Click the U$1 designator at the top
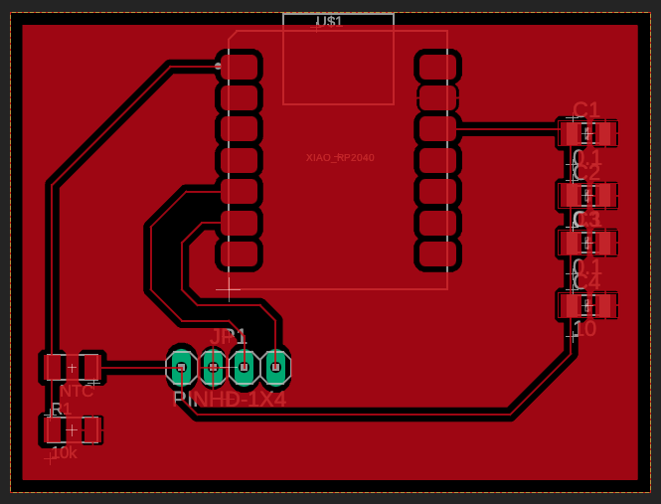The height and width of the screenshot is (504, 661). (x=329, y=21)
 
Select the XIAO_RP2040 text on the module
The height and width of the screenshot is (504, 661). (x=340, y=157)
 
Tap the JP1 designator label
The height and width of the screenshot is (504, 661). (x=228, y=336)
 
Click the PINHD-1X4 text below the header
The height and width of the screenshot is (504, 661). (x=229, y=399)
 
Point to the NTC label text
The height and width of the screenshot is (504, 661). (x=76, y=391)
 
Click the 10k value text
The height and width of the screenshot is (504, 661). (x=64, y=452)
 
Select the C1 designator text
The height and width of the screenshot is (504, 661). (x=586, y=109)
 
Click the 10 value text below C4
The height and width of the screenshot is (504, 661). (x=584, y=329)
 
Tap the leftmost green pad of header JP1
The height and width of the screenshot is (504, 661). (x=181, y=367)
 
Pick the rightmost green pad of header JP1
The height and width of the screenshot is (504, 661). (x=275, y=367)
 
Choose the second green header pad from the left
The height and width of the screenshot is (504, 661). (x=213, y=367)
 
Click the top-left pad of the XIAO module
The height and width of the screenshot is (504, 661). (x=239, y=67)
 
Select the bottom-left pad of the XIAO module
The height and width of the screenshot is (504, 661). (x=239, y=253)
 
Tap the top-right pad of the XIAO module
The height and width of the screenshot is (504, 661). (x=437, y=67)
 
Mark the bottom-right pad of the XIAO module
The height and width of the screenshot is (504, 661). (x=437, y=253)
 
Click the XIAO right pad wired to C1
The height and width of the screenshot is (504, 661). (x=437, y=128)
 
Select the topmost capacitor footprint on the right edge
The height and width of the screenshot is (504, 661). (x=586, y=133)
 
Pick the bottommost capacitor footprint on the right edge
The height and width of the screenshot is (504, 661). (x=586, y=304)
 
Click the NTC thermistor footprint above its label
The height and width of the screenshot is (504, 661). (x=72, y=367)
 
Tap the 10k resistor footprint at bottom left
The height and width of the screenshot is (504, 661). (x=72, y=429)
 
